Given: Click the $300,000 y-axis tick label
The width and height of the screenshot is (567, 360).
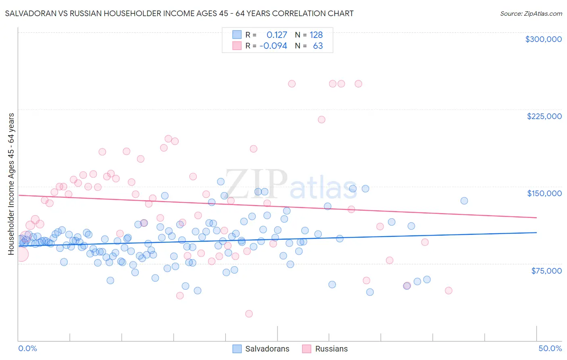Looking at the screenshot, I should (x=543, y=39).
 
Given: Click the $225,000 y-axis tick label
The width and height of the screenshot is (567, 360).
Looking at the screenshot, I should (x=544, y=116).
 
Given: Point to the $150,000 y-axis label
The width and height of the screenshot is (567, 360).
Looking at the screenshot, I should (x=544, y=193).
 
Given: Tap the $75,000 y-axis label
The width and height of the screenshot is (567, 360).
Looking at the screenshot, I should (x=546, y=271).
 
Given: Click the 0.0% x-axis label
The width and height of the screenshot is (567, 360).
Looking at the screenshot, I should (x=27, y=348).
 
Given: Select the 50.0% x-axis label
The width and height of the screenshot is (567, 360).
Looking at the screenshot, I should (x=550, y=348).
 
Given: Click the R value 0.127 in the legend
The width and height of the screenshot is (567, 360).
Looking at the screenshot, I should (x=277, y=35).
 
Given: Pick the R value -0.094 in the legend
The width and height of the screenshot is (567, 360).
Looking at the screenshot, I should (x=273, y=46).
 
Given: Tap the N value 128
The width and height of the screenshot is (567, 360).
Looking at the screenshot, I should (x=316, y=35).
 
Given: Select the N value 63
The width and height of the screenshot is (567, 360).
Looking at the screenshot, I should (x=318, y=46).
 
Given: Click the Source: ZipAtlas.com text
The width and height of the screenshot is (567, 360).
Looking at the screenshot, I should (x=531, y=14).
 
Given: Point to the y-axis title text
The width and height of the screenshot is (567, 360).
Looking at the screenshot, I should (x=11, y=184).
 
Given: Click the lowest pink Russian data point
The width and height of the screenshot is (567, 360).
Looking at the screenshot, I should (x=249, y=314).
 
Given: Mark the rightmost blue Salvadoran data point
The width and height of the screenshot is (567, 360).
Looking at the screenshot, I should (x=464, y=201).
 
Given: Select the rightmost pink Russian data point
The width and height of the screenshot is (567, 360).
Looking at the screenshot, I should (x=448, y=291).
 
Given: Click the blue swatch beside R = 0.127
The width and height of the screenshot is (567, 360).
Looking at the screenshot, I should (x=237, y=35).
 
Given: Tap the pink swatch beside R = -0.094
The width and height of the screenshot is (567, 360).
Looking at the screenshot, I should (x=237, y=46).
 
